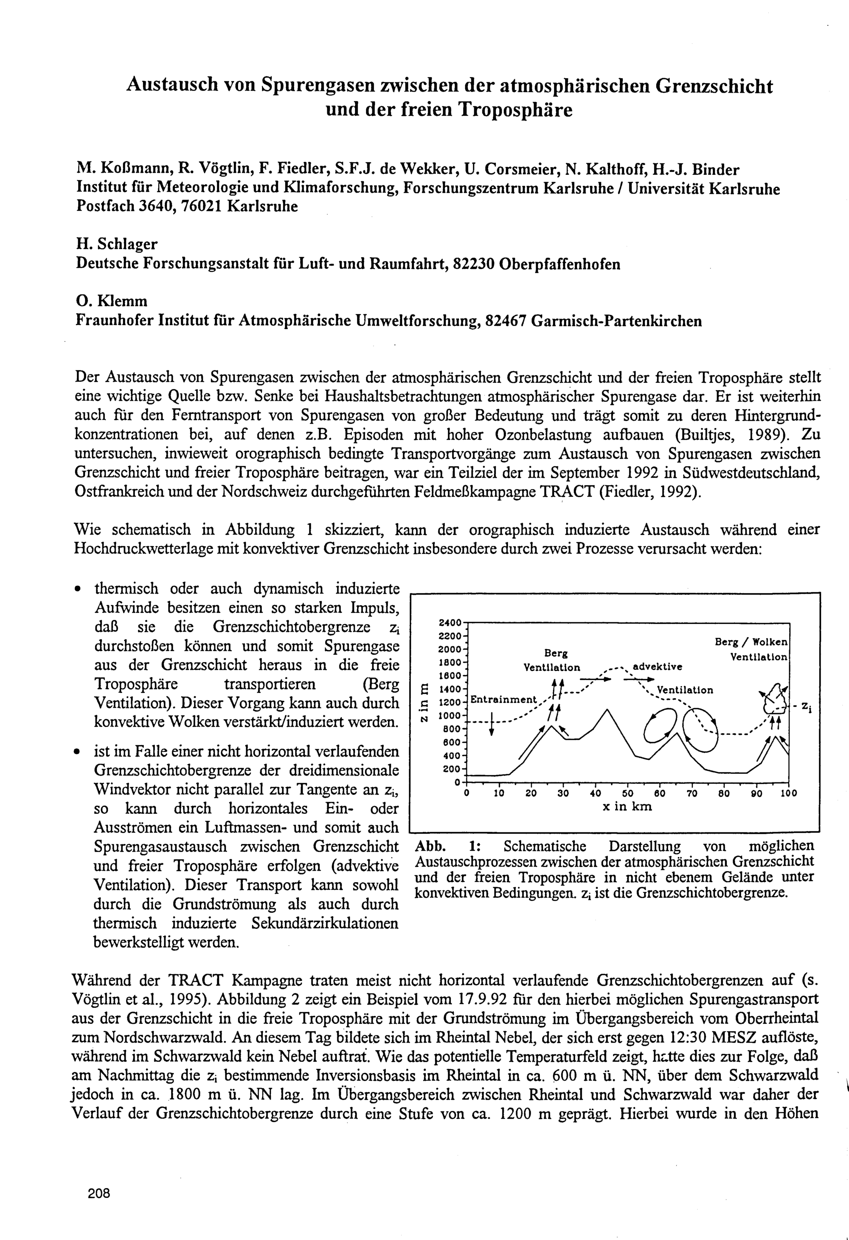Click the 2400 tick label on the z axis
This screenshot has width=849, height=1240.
pyautogui.click(x=449, y=623)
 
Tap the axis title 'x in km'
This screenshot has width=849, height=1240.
pyautogui.click(x=627, y=807)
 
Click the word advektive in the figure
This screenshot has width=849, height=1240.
pyautogui.click(x=657, y=667)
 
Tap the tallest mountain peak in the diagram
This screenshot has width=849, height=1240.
pyautogui.click(x=607, y=710)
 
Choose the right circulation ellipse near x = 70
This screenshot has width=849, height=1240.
pyautogui.click(x=701, y=728)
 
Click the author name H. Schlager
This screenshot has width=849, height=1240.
pyautogui.click(x=117, y=245)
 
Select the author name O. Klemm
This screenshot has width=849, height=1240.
pyautogui.click(x=112, y=301)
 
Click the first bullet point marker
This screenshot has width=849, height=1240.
pyautogui.click(x=78, y=589)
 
